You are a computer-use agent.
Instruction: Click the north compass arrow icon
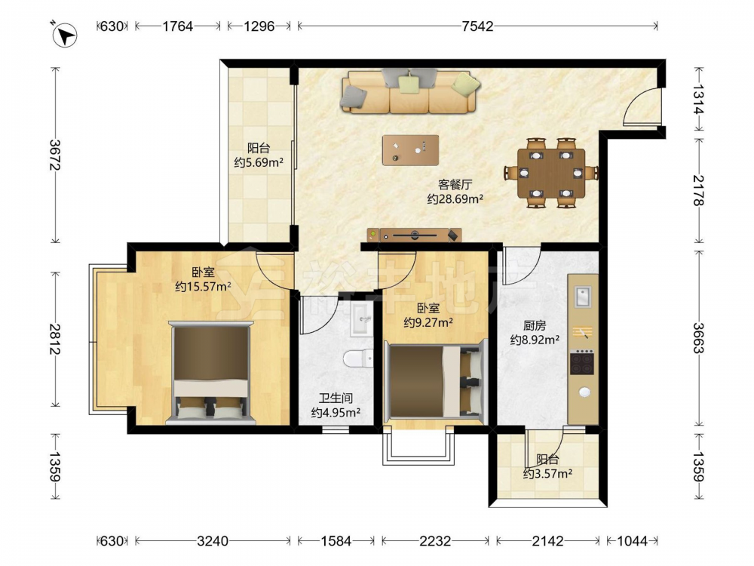pyautogui.click(x=64, y=35)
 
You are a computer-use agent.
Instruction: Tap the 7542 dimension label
pyautogui.click(x=477, y=26)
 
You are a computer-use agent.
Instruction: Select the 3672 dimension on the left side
pyautogui.click(x=55, y=155)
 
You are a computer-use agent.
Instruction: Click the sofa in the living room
pyautogui.click(x=409, y=91)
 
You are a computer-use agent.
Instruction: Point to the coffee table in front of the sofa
pyautogui.click(x=411, y=150)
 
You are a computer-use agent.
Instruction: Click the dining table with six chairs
pyautogui.click(x=551, y=173)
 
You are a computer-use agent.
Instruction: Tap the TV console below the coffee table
pyautogui.click(x=414, y=235)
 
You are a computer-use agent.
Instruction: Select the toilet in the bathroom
pyautogui.click(x=358, y=358)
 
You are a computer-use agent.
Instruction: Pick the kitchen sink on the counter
pyautogui.click(x=583, y=296)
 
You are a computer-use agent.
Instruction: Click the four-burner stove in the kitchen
pyautogui.click(x=582, y=362)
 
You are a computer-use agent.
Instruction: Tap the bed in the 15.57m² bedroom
pyautogui.click(x=210, y=373)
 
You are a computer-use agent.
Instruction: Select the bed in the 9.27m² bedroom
pyautogui.click(x=436, y=381)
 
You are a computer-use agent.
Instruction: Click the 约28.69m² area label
pyautogui.click(x=455, y=198)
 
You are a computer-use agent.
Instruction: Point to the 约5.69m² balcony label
pyautogui.click(x=258, y=163)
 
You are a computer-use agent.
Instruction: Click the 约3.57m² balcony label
pyautogui.click(x=547, y=474)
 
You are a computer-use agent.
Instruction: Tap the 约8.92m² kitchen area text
pyautogui.click(x=535, y=340)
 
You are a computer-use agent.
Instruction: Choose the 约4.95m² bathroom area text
pyautogui.click(x=336, y=413)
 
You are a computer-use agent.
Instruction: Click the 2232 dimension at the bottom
pyautogui.click(x=435, y=541)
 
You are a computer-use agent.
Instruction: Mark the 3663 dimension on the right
pyautogui.click(x=698, y=337)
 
